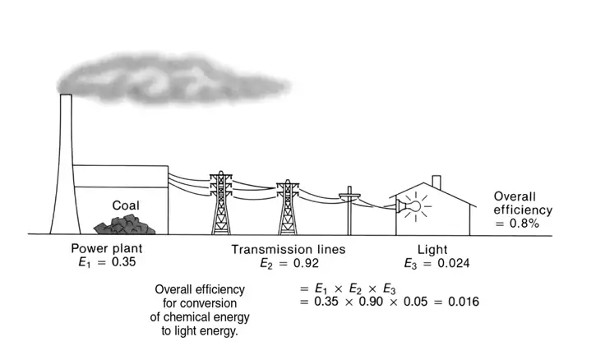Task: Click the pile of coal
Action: [x=124, y=225]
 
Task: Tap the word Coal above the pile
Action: [x=126, y=205]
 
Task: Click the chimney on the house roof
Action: [x=437, y=182]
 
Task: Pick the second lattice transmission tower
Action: [x=288, y=208]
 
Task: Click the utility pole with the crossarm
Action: [x=349, y=210]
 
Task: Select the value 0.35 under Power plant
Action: [x=123, y=262]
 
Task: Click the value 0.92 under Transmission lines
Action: [x=306, y=263]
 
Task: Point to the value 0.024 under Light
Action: [x=454, y=263]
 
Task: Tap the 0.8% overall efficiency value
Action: [x=524, y=224]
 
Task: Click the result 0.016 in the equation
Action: [x=464, y=302]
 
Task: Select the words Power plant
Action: [x=107, y=248]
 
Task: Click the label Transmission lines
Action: [x=289, y=249]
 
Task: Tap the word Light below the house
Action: [x=432, y=250]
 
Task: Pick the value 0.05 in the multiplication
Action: [x=415, y=302]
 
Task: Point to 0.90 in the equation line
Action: [x=371, y=302]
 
